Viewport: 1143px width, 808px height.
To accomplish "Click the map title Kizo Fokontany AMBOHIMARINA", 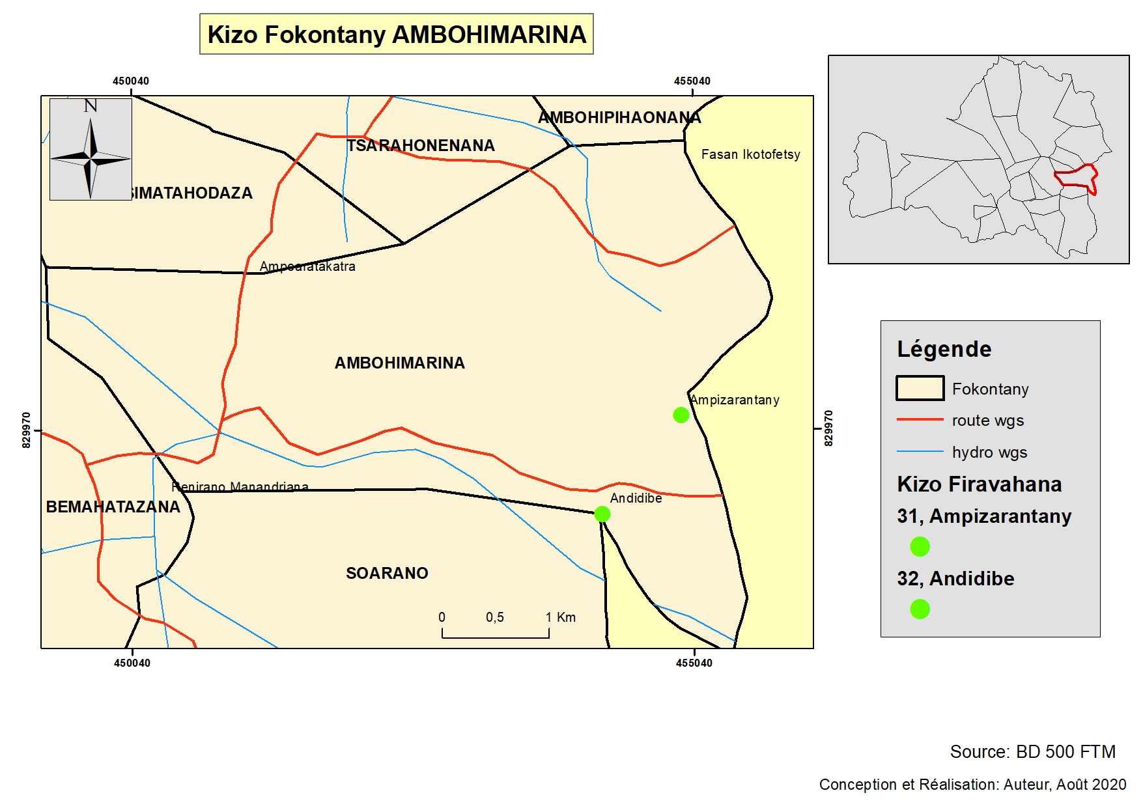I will tap(396, 35).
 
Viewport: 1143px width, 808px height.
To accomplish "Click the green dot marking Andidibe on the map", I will tap(602, 514).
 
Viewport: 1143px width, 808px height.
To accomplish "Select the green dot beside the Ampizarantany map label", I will tap(681, 415).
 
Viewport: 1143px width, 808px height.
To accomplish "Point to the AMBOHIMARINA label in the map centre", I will tap(399, 363).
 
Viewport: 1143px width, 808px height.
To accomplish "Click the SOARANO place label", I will tap(387, 574).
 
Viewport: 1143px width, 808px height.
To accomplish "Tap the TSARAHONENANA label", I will tap(421, 146).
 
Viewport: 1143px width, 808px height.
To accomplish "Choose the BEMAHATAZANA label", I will tap(113, 507).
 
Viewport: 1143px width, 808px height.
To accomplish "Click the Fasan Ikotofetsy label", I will tap(750, 155).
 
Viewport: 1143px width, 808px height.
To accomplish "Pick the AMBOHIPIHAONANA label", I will tap(619, 118).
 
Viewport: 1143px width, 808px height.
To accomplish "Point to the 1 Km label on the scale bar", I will tap(561, 617).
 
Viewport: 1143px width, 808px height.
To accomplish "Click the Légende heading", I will tap(944, 350).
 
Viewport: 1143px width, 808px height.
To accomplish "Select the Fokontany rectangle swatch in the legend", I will tap(920, 389).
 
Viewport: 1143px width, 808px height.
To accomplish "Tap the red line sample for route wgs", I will tap(920, 420).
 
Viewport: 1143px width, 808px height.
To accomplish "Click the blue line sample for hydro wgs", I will tap(920, 451).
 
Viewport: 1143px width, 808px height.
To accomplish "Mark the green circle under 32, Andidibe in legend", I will tap(920, 609).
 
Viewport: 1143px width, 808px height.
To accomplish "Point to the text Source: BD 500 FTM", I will tap(1032, 752).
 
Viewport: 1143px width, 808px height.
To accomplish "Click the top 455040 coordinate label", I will tap(692, 81).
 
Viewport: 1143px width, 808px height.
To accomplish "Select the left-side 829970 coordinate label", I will tap(26, 430).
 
